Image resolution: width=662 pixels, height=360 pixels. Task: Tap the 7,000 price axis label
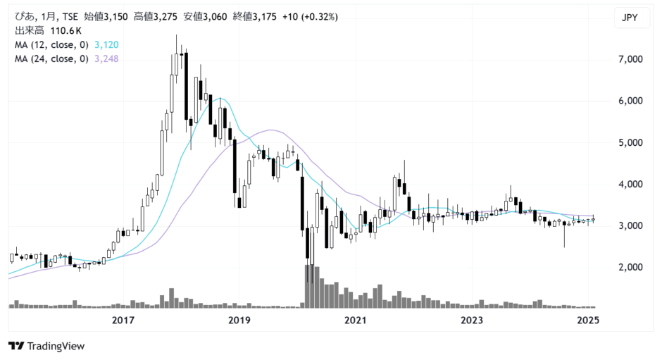[630, 59]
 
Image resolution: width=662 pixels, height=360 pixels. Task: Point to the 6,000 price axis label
[630, 101]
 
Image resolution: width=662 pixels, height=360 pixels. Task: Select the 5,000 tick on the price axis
[630, 143]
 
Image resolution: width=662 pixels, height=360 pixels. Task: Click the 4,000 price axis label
[630, 184]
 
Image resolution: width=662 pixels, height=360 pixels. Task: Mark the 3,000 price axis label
[630, 226]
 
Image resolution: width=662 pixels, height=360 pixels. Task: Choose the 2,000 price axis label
[630, 268]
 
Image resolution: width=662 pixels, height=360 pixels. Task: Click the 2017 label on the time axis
[123, 321]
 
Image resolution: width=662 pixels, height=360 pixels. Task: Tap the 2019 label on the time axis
[239, 321]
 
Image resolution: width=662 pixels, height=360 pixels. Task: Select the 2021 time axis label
[356, 321]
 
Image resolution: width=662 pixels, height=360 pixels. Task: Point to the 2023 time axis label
[472, 321]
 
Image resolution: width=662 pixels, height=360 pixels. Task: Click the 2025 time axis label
[588, 321]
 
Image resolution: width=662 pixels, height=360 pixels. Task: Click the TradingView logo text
[56, 347]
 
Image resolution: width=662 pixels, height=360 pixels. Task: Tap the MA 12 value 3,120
[106, 45]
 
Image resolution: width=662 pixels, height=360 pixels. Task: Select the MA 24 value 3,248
[106, 58]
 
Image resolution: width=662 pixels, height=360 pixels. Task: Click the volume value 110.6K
[65, 31]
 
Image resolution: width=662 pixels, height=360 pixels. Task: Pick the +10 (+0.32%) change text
[311, 17]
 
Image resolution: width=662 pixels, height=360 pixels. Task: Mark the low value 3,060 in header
[216, 17]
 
